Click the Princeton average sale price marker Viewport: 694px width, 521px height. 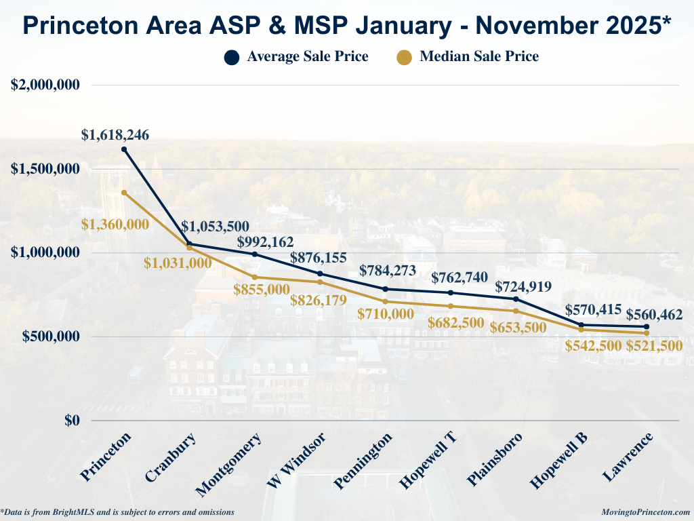point(124,149)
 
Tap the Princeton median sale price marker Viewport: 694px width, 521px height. point(124,193)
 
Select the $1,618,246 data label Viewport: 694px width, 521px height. point(115,135)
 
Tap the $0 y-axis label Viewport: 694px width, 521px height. point(73,421)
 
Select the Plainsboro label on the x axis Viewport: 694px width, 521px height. point(495,459)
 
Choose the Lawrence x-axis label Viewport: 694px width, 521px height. point(628,457)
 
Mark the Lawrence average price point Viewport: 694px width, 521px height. point(647,327)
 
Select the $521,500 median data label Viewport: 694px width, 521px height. point(655,346)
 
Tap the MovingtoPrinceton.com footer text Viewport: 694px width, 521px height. point(646,512)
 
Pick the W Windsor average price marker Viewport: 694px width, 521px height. point(320,274)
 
